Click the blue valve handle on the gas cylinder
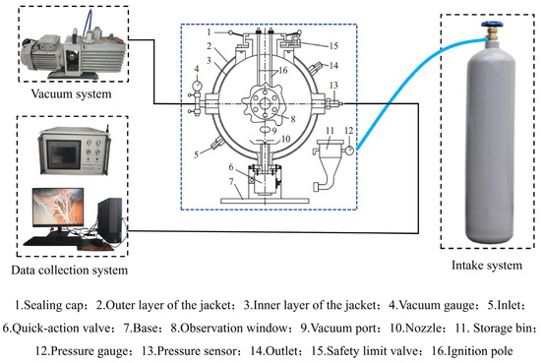coord(493,25)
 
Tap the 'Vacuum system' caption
coord(72,93)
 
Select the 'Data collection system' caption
coord(70,270)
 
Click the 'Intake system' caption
coord(487,266)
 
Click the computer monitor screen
coord(58,207)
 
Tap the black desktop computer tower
coord(110,219)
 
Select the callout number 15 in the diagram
coord(333,46)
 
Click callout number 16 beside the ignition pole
coord(283,71)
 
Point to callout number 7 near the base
coord(231,181)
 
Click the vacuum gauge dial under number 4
coord(197,85)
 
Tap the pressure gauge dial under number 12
coord(350,151)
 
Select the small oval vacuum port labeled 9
coord(265,129)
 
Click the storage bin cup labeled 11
coord(331,150)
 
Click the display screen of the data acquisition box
coord(63,154)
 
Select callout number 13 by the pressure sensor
coord(333,86)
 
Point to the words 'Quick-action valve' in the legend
coord(62,328)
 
